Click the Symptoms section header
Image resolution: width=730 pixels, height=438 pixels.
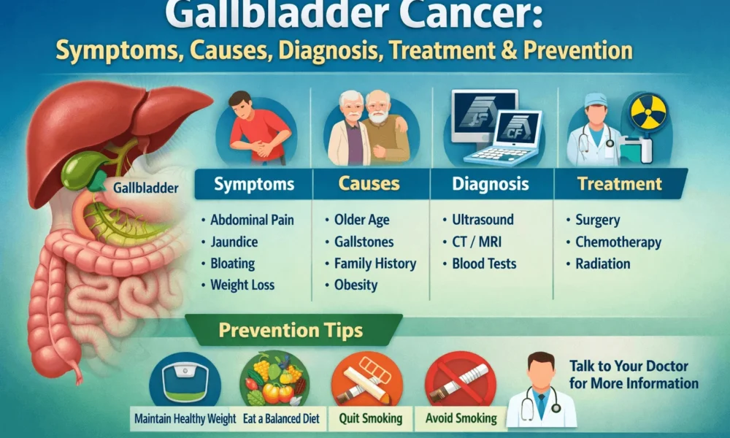(x=253, y=185)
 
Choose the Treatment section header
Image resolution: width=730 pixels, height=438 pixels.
(x=620, y=185)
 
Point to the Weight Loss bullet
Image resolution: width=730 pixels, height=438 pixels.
(x=242, y=285)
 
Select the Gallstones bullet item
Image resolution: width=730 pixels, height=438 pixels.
(x=364, y=242)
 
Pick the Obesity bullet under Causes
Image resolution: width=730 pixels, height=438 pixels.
(x=356, y=285)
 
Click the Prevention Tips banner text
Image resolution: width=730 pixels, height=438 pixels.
(x=291, y=331)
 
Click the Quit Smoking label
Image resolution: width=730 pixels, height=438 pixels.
(x=370, y=418)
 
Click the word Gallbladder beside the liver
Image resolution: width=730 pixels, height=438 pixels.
(x=146, y=188)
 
